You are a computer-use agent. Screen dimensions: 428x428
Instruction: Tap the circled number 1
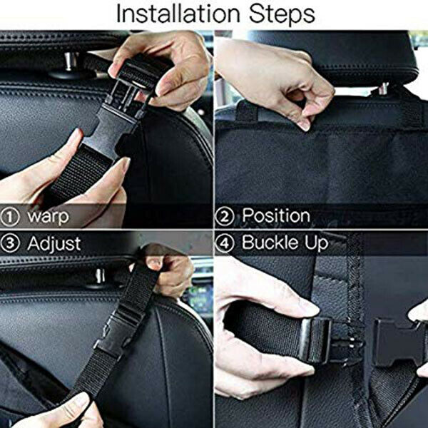(12, 216)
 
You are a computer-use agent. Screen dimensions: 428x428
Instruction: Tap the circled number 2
(226, 216)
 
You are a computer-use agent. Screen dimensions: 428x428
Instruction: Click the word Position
(275, 216)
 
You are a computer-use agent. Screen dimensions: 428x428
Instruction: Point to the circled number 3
(12, 243)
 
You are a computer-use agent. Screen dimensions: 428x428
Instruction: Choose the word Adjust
(54, 243)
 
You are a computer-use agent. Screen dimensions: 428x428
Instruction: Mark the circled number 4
(226, 243)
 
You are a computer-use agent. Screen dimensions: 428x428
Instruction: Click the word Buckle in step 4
(272, 243)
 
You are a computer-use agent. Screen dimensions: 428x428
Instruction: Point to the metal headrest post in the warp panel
(69, 63)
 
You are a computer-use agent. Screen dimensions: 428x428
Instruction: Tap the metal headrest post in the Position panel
(383, 88)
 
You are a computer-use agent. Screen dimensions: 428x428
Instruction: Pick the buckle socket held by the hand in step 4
(314, 340)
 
